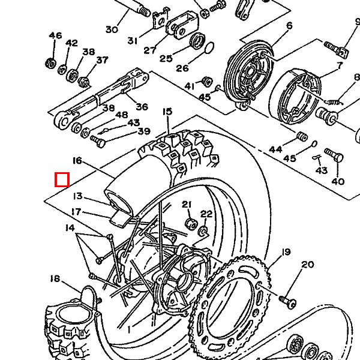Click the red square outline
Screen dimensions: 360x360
pyautogui.click(x=62, y=179)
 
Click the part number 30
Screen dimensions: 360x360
pyautogui.click(x=112, y=29)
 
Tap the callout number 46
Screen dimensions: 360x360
pyautogui.click(x=55, y=35)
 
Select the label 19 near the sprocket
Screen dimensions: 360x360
pyautogui.click(x=286, y=252)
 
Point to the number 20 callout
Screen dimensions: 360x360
pyautogui.click(x=307, y=265)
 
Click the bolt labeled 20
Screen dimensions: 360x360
pyautogui.click(x=288, y=301)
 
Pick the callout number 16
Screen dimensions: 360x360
pyautogui.click(x=77, y=160)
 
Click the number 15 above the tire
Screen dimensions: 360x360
pyautogui.click(x=167, y=112)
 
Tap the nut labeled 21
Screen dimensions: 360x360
pyautogui.click(x=191, y=224)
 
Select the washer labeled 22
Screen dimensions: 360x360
pyautogui.click(x=203, y=231)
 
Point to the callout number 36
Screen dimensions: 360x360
pyautogui.click(x=142, y=107)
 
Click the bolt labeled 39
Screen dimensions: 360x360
pyautogui.click(x=98, y=141)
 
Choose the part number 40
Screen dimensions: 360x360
pyautogui.click(x=338, y=182)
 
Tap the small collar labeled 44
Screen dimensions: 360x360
pyautogui.click(x=302, y=137)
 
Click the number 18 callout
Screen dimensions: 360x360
pyautogui.click(x=55, y=279)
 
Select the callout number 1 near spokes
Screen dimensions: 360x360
pyautogui.click(x=129, y=330)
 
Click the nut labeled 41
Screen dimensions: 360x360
pyautogui.click(x=207, y=82)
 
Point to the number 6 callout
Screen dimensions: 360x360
pyautogui.click(x=290, y=25)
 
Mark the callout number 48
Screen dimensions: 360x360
pyautogui.click(x=121, y=115)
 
